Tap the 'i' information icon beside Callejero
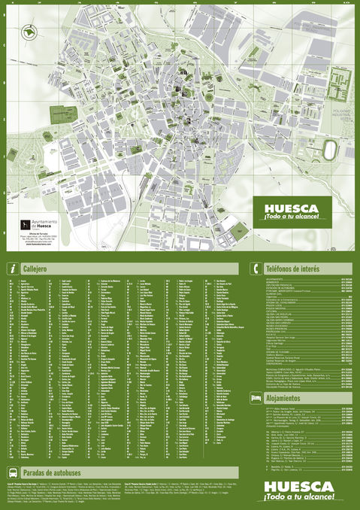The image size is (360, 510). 13,269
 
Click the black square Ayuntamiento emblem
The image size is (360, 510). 23,225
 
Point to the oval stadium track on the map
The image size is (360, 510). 329,150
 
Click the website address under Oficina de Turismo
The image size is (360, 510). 34,244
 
